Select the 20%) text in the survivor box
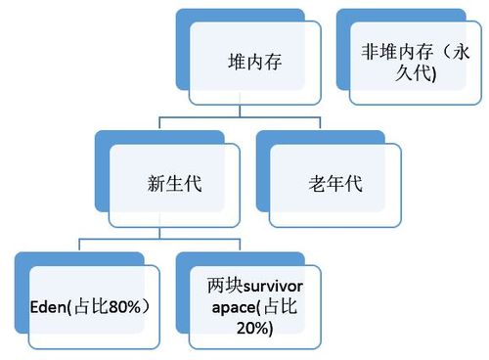(x=253, y=329)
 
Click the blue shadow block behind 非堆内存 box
(x=343, y=20)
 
